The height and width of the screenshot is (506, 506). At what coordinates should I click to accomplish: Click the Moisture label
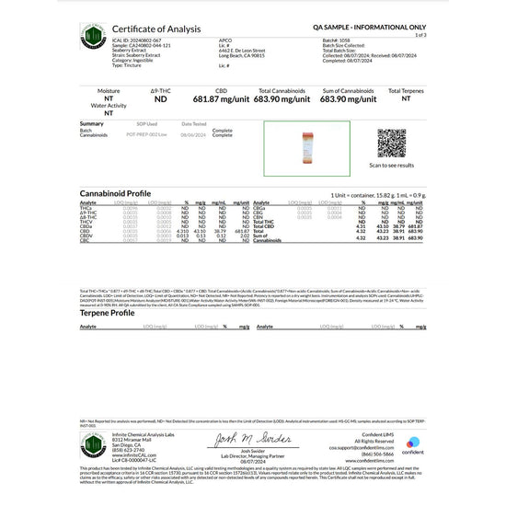(x=111, y=91)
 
